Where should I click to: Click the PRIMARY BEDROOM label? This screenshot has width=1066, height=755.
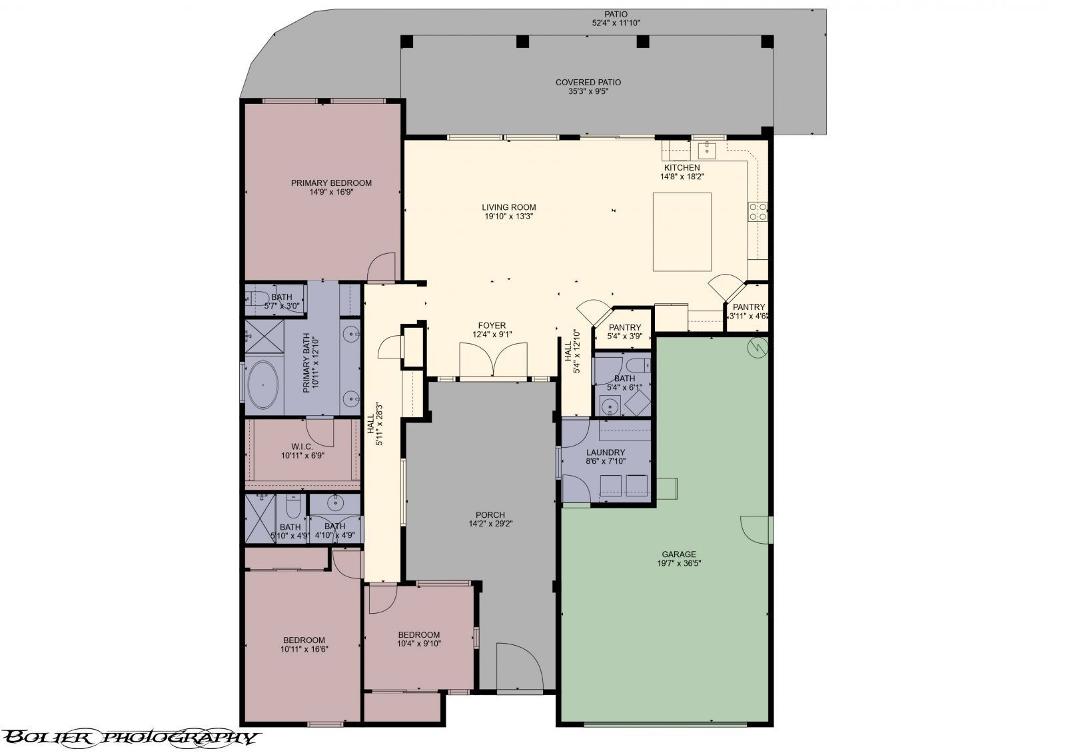coord(331,183)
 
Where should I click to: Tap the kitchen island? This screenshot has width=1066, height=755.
coord(682,231)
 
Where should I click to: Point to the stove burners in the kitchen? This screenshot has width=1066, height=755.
coord(758,211)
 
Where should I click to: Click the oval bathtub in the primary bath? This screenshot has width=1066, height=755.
coord(265,385)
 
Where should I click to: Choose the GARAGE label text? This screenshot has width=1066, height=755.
coord(679,554)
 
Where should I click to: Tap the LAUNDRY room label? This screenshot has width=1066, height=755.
coord(606,452)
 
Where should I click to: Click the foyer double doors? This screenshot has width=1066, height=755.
coord(493,361)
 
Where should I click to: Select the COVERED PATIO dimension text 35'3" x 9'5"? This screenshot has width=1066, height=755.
coord(588,92)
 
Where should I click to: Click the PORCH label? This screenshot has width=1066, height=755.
coord(490,515)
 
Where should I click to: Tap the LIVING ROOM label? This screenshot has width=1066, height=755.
coord(510,207)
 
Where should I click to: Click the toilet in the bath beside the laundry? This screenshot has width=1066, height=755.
coord(638,365)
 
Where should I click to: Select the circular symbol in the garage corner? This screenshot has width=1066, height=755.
coord(758,347)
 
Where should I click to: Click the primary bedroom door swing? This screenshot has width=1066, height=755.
coord(382,267)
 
